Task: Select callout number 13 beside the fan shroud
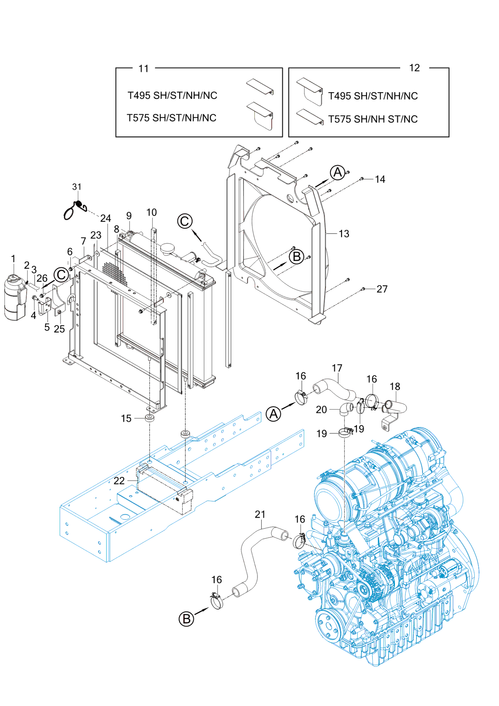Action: point(343,234)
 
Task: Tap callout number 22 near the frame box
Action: point(119,480)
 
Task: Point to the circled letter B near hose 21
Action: point(186,619)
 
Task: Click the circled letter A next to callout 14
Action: point(337,173)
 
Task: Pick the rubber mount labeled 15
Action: point(150,418)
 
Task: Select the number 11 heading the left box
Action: point(144,68)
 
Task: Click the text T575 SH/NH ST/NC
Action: point(373,119)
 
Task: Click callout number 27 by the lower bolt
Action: point(382,289)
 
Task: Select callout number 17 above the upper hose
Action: point(337,368)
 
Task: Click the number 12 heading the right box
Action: point(414,68)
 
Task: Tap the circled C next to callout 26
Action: point(61,275)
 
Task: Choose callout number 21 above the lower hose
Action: point(260,514)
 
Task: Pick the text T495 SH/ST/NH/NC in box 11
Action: point(172,95)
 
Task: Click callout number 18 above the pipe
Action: point(395,387)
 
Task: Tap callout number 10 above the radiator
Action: point(151,213)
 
